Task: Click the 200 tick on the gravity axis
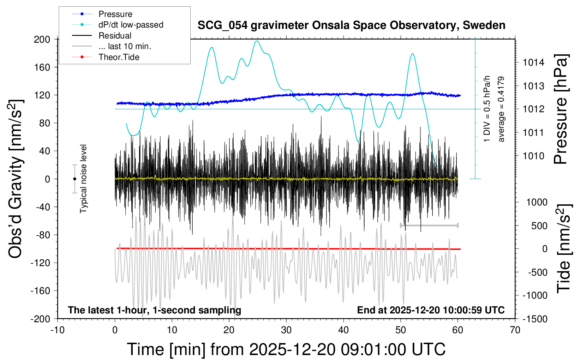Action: click(x=42, y=39)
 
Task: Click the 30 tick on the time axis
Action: click(x=286, y=330)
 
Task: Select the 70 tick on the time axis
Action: click(x=515, y=330)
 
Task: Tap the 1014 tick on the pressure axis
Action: click(x=533, y=62)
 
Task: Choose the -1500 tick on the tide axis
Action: click(x=535, y=319)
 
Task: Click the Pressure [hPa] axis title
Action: click(x=561, y=109)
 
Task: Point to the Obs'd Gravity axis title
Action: click(x=16, y=179)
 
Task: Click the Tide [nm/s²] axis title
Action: click(x=564, y=248)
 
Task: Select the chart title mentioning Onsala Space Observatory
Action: click(x=351, y=25)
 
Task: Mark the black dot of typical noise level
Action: click(x=74, y=179)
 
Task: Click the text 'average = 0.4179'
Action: click(x=501, y=109)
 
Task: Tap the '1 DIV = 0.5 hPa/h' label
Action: click(x=487, y=109)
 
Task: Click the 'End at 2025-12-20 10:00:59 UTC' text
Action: click(x=431, y=310)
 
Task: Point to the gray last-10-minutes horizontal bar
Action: click(x=429, y=225)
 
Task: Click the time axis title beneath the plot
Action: click(x=286, y=349)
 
